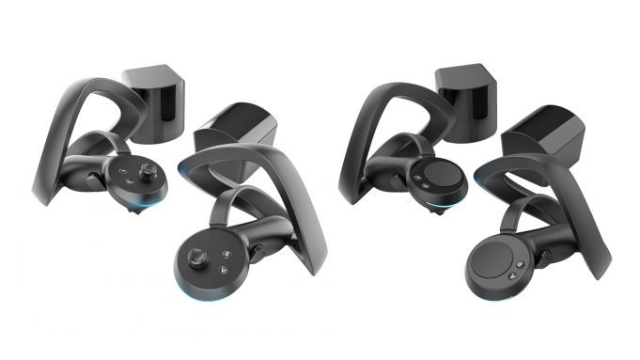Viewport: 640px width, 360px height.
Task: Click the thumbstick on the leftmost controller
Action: (x=147, y=171)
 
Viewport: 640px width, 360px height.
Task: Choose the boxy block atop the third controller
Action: (x=466, y=95)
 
